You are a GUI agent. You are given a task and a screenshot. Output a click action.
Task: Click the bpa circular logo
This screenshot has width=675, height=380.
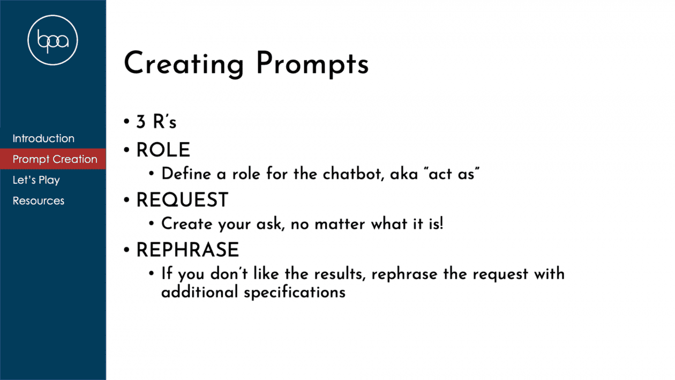coord(52,40)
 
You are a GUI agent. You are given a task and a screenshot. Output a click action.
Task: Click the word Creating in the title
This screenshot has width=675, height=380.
coord(184,64)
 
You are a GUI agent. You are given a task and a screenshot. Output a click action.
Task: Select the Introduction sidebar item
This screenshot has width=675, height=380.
coord(43,138)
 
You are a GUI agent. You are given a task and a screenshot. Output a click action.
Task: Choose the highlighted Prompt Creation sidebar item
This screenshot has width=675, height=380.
coord(55,159)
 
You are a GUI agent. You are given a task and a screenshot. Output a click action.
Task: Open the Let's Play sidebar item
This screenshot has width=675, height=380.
coord(36,180)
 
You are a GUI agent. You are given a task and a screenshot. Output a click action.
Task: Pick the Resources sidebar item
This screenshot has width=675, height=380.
coord(39,200)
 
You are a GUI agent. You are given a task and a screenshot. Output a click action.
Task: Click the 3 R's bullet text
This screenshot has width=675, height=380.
coord(156,122)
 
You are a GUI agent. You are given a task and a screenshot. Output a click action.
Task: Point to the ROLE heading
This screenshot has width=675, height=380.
coord(163,150)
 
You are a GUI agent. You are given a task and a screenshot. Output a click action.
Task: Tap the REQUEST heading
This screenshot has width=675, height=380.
coord(182,199)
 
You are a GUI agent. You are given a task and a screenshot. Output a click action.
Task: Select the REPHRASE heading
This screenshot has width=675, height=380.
coord(187,249)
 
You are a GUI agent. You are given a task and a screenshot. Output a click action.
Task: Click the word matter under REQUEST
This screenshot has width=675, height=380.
coord(339,224)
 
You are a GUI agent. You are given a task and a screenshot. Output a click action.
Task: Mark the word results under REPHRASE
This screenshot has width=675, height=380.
coord(340,274)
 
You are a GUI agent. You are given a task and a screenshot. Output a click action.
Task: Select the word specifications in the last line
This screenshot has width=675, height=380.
coord(295,293)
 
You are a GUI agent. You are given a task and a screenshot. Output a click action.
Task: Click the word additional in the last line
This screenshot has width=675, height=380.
coord(199,292)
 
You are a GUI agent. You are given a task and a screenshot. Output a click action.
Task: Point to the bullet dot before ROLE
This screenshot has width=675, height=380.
coord(126,150)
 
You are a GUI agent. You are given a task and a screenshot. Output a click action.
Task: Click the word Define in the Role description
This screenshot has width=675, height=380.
coord(186,174)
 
